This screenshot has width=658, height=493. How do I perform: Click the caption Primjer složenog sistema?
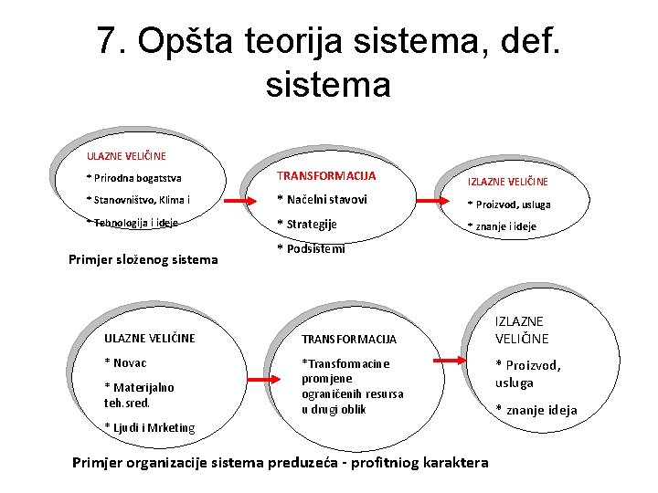click(143, 259)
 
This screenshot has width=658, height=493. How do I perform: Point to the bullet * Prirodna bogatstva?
click(133, 178)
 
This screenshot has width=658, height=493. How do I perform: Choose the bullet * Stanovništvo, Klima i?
click(138, 200)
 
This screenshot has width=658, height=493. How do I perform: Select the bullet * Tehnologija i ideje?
click(132, 222)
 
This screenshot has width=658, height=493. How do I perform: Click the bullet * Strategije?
click(307, 225)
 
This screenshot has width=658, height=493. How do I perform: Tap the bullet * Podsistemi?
click(311, 248)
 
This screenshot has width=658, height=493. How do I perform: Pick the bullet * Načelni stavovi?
click(322, 200)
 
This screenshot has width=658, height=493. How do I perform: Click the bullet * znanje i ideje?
click(502, 226)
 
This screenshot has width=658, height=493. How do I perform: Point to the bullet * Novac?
click(126, 363)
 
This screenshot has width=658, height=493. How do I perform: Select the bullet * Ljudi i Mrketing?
click(149, 426)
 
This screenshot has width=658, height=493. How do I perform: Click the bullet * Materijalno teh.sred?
click(139, 394)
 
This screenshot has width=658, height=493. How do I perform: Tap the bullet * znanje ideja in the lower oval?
click(536, 410)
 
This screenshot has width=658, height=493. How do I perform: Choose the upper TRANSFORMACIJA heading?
click(326, 175)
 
